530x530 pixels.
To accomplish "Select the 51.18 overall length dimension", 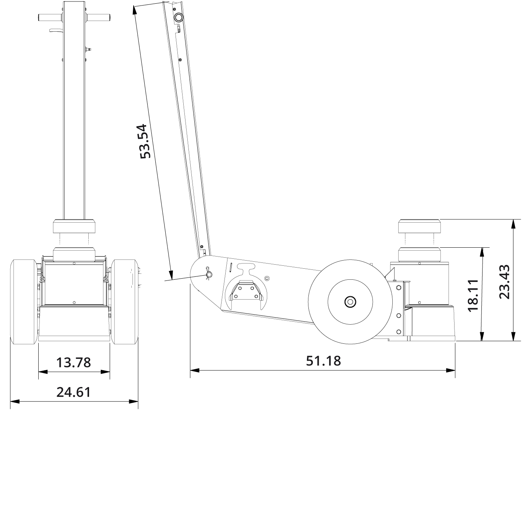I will tap(323, 361).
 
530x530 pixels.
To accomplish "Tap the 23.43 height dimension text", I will tap(504, 281).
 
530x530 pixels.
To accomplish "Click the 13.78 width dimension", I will tap(74, 363).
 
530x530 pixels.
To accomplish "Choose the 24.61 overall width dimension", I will tap(74, 392).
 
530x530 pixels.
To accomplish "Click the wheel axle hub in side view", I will tap(350, 302).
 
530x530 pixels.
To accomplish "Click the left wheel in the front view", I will tap(24, 302).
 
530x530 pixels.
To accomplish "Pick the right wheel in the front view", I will tap(125, 302).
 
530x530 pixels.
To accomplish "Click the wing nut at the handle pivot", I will tap(209, 274).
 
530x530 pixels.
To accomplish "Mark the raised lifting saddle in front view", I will tap(74, 226).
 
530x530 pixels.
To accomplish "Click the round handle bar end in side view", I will tap(179, 17).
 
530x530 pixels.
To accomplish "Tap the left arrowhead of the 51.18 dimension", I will tap(194, 370).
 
